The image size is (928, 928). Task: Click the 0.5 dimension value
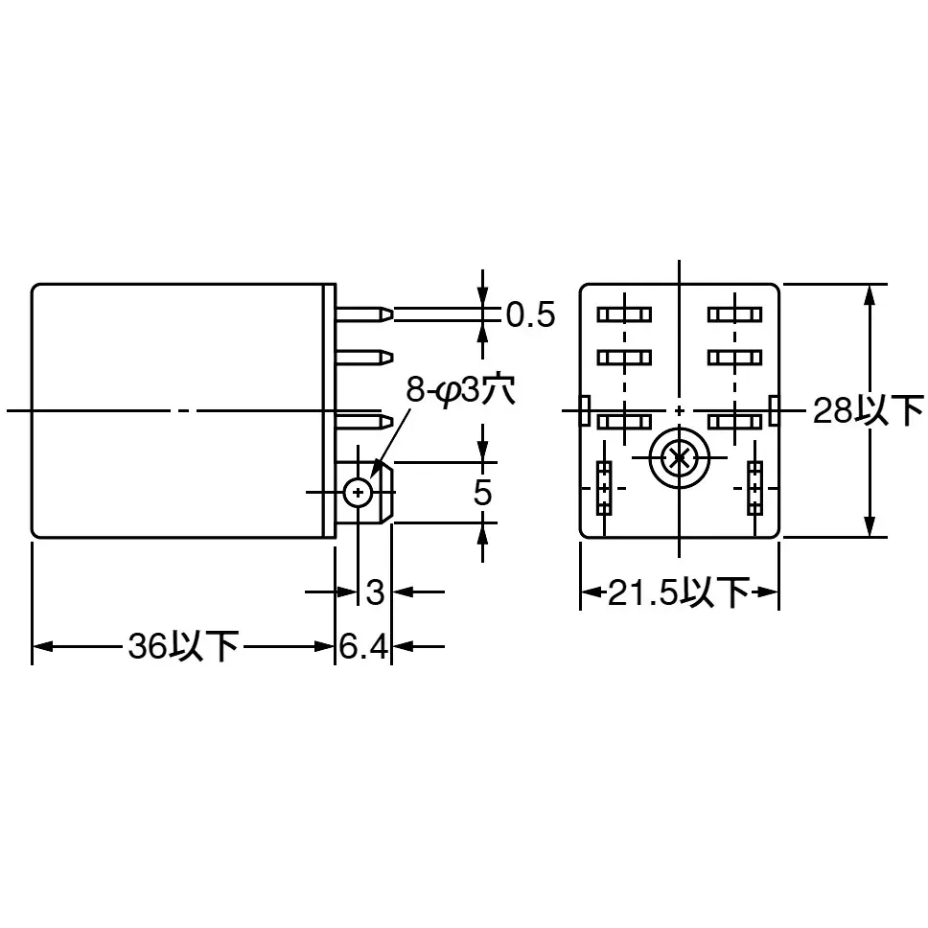pos(530,314)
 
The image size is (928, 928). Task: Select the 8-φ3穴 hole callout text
pos(460,390)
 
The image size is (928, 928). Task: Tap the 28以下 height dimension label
pos(868,410)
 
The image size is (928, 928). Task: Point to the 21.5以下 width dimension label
pos(679,592)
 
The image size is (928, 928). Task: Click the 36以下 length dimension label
pos(182,646)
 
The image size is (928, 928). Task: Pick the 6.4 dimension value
pos(363,648)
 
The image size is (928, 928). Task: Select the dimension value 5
pos(483,493)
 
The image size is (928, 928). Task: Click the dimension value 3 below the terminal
pos(375,592)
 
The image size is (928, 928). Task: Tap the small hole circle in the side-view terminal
pos(358,493)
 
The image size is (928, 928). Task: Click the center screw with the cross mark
pos(678,458)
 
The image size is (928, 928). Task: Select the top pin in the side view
pos(365,313)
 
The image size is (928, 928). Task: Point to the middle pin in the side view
pos(365,358)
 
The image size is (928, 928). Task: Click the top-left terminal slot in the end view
pos(624,313)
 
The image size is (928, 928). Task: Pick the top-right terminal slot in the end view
pos(734,313)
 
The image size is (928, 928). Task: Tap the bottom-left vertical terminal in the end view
pos(604,487)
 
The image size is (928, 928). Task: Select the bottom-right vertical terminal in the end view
pos(755,487)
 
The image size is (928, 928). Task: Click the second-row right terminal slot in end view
pos(734,358)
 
